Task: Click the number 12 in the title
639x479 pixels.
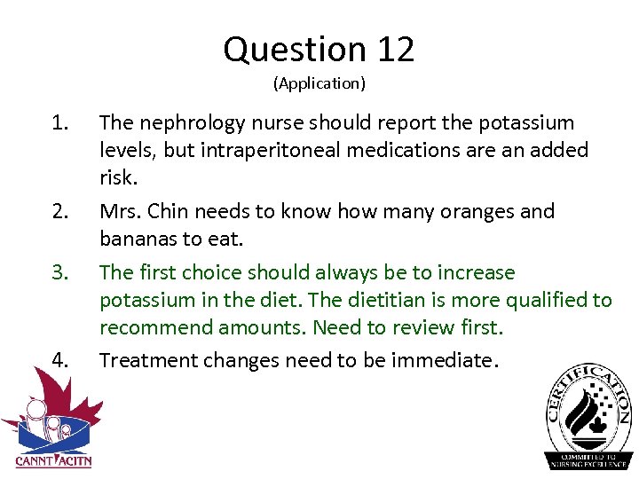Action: [x=395, y=50]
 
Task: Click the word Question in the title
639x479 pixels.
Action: [x=295, y=50]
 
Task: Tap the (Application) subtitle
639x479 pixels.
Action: [x=319, y=84]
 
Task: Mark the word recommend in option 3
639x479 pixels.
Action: [x=154, y=328]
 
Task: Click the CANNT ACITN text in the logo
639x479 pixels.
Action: [x=53, y=460]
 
